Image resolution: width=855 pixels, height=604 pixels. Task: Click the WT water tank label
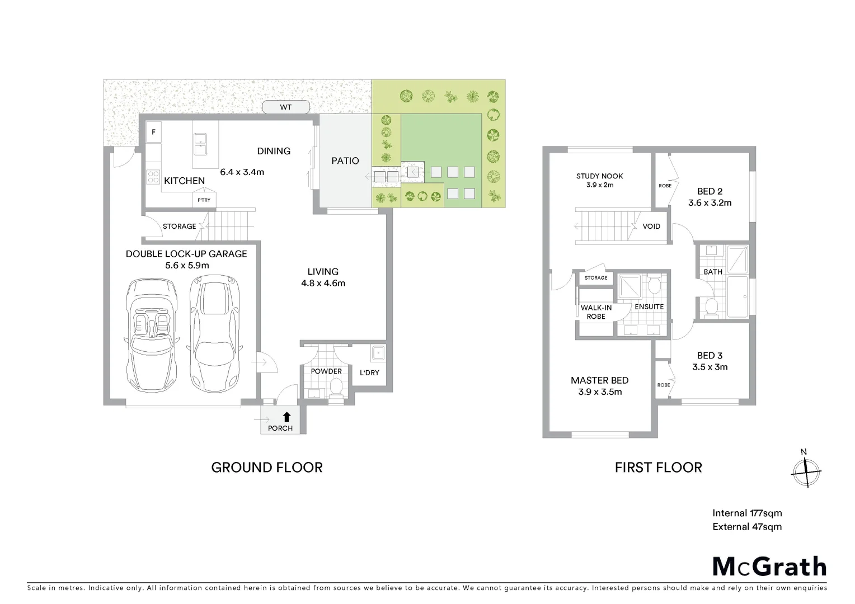pos(286,107)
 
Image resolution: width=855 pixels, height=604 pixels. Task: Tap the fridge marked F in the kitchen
pos(154,133)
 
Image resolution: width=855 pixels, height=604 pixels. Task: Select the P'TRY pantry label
pos(204,200)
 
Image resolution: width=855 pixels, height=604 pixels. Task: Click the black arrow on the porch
pos(286,416)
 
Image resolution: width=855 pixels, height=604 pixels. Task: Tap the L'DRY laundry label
pos(369,372)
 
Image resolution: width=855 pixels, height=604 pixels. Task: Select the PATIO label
pos(345,161)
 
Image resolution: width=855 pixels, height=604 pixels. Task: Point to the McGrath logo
pos(769,567)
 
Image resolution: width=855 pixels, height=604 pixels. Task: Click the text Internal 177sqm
pos(747,513)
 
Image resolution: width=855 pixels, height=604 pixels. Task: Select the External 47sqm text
pos(747,526)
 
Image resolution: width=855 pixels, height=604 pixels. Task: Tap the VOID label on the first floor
pos(651,226)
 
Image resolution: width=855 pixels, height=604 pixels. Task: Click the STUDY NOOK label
pos(599,176)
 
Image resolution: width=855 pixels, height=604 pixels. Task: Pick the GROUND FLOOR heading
pos(267,468)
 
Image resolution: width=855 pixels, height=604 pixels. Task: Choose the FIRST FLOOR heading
pos(658,468)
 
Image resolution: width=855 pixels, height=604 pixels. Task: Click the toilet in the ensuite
pos(654,286)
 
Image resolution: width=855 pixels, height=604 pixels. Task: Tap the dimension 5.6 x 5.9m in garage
pos(187,266)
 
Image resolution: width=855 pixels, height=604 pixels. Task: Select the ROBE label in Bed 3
pos(664,385)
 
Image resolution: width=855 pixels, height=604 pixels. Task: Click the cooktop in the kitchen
pos(153,177)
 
